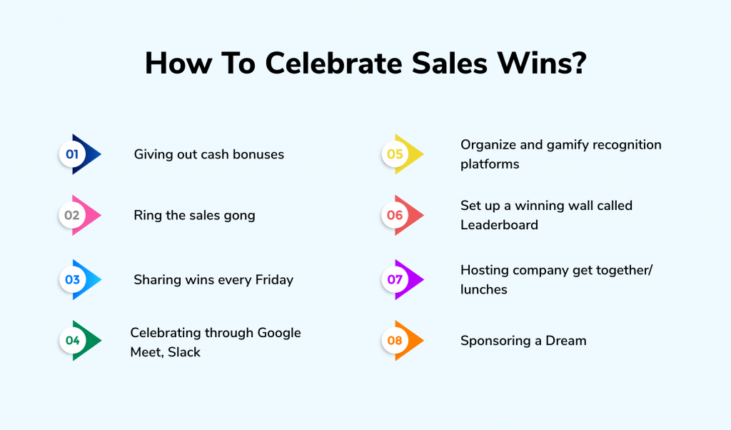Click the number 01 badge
coord(72,154)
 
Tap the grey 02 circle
coord(72,215)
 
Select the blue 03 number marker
coord(72,279)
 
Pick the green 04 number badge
coord(72,341)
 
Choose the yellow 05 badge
coord(395,154)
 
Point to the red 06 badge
coord(395,215)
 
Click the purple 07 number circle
coord(395,279)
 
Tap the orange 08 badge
coord(395,341)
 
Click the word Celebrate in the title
coord(333,63)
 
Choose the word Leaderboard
coord(499,225)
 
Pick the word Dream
coord(566,341)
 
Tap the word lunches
coord(484,289)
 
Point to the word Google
coord(279,334)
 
